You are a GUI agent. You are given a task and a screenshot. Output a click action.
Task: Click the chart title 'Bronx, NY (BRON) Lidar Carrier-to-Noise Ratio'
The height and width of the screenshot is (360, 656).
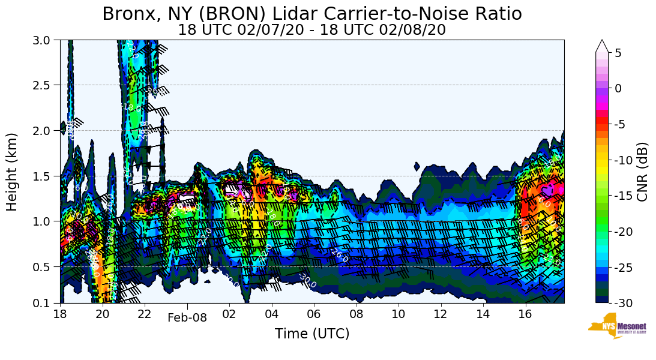311,14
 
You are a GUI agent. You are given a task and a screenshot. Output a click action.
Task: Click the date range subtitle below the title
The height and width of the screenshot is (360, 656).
311,30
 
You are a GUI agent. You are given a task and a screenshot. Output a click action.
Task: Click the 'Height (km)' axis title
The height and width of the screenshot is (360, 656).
13,172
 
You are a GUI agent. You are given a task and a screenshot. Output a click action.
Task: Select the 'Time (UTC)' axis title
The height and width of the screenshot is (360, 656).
311,334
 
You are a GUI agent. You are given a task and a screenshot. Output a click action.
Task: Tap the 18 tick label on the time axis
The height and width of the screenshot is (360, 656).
60,314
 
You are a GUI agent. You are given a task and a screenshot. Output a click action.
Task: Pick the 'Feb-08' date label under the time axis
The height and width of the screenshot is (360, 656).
187,318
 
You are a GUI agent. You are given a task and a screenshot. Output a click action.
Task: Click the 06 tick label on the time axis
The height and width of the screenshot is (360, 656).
314,314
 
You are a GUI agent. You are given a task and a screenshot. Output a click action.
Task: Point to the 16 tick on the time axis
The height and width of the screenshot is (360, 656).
526,314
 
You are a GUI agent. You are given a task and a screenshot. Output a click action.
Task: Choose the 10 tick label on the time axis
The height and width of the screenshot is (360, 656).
399,314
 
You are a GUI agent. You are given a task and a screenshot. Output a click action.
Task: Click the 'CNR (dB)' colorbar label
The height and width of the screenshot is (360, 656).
642,172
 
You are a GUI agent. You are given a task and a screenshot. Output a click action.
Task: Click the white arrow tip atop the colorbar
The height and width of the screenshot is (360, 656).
603,45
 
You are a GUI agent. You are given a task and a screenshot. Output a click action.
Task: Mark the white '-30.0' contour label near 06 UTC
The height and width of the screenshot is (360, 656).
307,280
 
